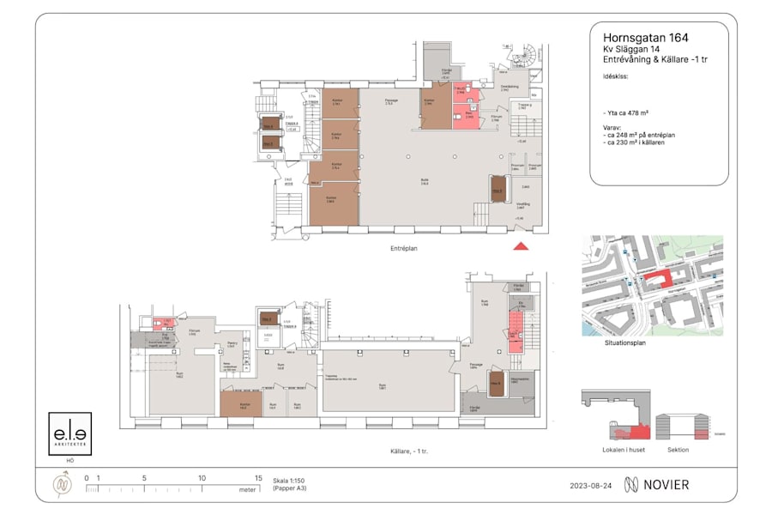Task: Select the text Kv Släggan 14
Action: coord(630,50)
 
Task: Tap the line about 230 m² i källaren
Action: coord(635,142)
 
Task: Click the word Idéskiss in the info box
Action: coord(615,76)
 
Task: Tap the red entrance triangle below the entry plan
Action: coord(521,247)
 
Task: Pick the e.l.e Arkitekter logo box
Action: coord(69,433)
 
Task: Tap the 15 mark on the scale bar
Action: coord(257,478)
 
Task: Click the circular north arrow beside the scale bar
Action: coord(63,485)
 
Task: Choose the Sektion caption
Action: coord(678,449)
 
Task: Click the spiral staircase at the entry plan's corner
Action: coord(533,56)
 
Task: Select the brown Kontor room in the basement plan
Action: coord(245,404)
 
